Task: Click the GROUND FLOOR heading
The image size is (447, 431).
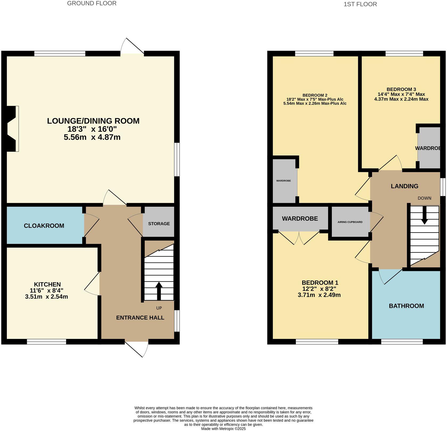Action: coord(92,3)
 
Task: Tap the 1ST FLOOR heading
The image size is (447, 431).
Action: coord(360,4)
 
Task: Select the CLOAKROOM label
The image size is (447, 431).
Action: coord(44,226)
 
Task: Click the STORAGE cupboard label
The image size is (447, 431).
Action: coord(159,224)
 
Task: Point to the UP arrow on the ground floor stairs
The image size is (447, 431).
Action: coord(159,291)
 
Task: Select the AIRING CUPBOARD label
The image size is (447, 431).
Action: coord(350,222)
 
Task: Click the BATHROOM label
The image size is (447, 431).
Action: coord(406,306)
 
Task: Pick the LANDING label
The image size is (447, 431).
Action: coord(404,186)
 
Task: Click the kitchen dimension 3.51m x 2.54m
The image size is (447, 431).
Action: coord(47,296)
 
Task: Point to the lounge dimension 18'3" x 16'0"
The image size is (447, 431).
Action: coord(92,129)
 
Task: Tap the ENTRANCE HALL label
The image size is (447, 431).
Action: coord(140,318)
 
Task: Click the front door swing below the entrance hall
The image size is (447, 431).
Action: coord(137,349)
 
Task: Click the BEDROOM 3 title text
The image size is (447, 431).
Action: coord(401,89)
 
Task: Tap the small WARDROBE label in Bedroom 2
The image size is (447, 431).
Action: coord(283,181)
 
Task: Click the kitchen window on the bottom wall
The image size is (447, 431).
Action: coord(47,342)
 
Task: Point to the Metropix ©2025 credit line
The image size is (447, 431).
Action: coord(223,429)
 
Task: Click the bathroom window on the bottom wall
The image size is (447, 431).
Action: coord(402,342)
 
